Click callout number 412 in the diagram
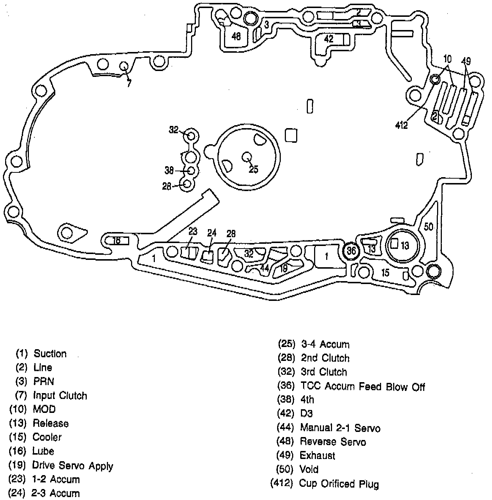point(402,125)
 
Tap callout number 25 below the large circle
point(254,169)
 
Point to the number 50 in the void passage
point(428,227)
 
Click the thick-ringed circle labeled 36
point(351,251)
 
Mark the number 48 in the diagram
point(236,36)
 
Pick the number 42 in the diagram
point(329,38)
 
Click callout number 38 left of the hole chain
point(169,170)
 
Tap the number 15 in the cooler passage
point(385,272)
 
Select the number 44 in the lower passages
point(264,268)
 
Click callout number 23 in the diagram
point(193,231)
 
